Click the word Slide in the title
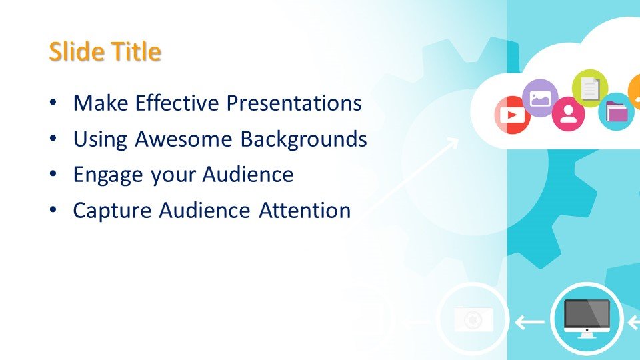75,51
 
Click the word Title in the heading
136,51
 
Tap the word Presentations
294,103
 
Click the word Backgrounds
303,139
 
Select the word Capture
112,211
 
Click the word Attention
305,211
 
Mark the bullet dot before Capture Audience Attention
53,210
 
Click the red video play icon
512,115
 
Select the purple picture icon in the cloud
540,98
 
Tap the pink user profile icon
568,114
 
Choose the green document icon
590,88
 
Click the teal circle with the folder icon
616,111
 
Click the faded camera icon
473,319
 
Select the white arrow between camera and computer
530,322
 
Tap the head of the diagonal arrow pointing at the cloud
453,142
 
